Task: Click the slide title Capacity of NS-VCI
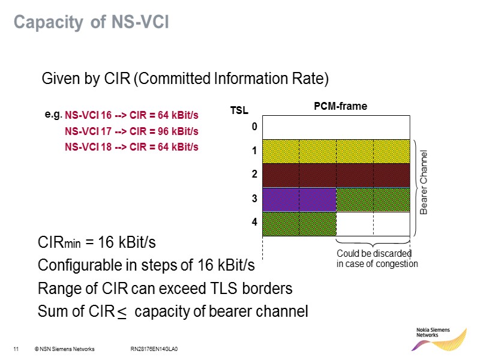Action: [91, 23]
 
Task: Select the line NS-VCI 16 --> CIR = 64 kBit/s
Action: [131, 115]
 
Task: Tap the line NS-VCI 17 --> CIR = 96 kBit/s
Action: [131, 131]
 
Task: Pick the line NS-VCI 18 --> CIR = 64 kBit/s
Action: [131, 146]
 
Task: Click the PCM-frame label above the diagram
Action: [340, 106]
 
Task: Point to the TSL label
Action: [239, 111]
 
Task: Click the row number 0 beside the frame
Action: [254, 127]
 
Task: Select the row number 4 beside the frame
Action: [254, 222]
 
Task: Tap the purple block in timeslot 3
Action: [299, 199]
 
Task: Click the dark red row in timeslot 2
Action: [336, 175]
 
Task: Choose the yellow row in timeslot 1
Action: [336, 151]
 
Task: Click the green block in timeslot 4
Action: [299, 223]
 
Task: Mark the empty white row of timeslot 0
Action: [336, 128]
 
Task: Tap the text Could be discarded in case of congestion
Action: [377, 259]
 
